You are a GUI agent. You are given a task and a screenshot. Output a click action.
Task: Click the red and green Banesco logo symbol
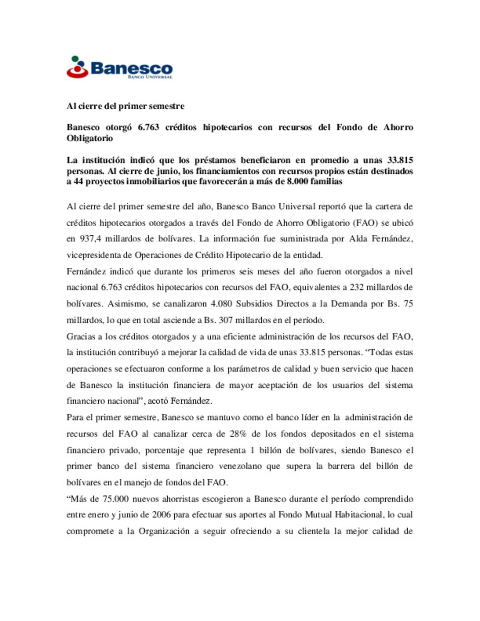point(77,67)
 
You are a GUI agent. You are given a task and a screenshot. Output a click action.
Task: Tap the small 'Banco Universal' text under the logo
point(150,77)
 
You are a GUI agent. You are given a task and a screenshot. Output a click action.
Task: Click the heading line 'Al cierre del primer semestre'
point(125,106)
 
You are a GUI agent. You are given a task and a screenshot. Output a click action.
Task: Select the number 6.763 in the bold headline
point(148,127)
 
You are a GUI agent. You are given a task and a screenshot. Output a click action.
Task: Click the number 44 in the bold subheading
point(78,182)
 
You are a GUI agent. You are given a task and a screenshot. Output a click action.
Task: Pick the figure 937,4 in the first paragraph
point(90,239)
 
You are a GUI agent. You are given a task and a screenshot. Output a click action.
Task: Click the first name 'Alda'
point(358,239)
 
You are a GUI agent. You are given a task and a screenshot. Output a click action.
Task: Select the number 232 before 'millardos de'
point(356,287)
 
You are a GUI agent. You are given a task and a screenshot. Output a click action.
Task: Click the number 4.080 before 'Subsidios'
point(221,304)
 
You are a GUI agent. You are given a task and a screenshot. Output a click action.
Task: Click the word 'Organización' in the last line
point(164,531)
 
